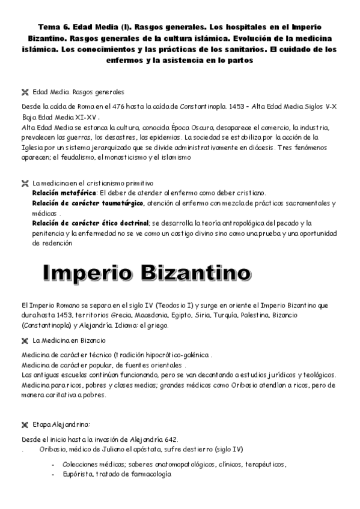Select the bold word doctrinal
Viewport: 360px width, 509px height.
pyautogui.click(x=130, y=223)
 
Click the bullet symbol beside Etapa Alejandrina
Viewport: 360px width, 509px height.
pyautogui.click(x=25, y=425)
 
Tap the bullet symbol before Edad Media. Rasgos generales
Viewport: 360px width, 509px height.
pyautogui.click(x=25, y=92)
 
